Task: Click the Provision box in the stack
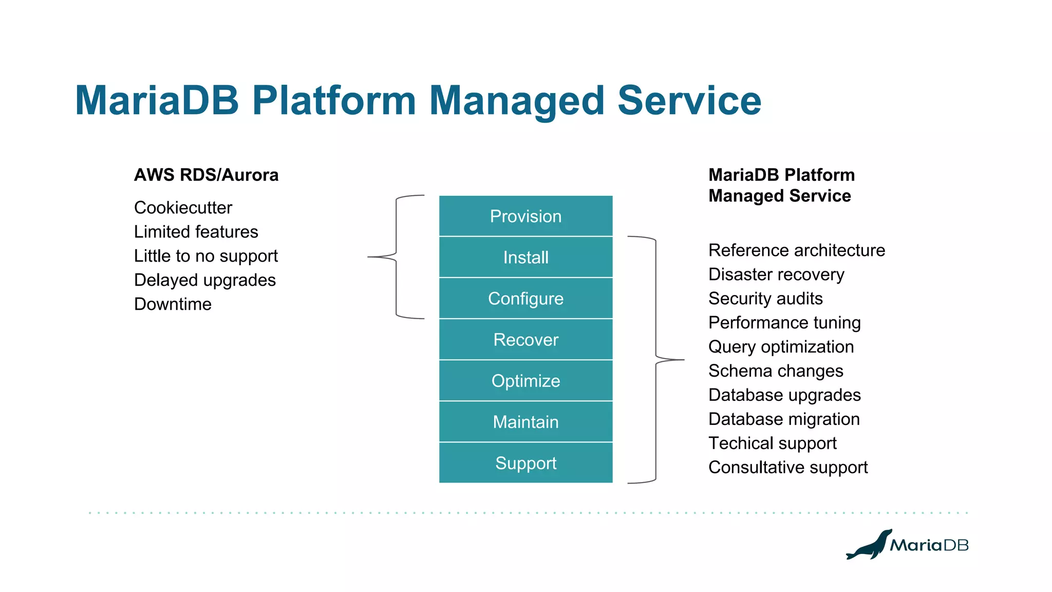coord(525,216)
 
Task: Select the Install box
coord(525,257)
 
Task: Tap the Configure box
coord(525,299)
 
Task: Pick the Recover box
coord(525,340)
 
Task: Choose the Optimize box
coord(525,381)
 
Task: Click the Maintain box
coord(525,422)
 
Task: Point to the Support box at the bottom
coord(525,463)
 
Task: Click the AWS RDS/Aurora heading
coord(206,175)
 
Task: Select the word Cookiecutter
coord(183,208)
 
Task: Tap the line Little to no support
coord(205,256)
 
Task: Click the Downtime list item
coord(173,304)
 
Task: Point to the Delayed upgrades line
coord(204,280)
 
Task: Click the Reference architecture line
coord(796,250)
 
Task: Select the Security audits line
coord(765,299)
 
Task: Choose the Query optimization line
coord(781,347)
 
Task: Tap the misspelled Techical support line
coord(772,443)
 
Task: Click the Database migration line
coord(783,419)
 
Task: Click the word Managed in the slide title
coord(516,101)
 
